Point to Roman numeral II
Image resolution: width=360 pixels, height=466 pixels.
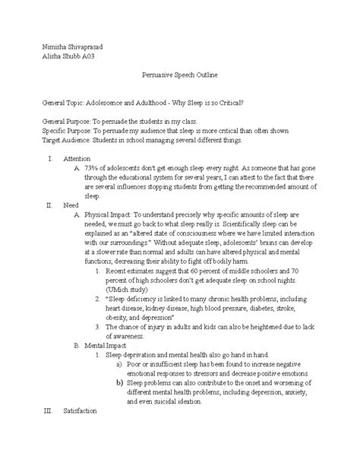[29, 205]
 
